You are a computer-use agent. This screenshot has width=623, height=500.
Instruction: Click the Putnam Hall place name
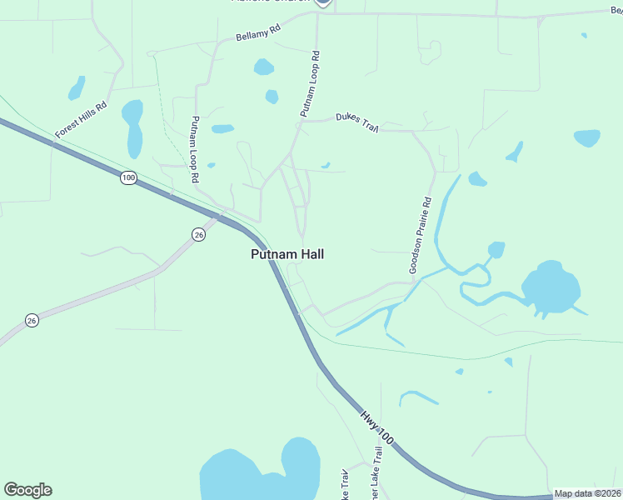pyautogui.click(x=287, y=255)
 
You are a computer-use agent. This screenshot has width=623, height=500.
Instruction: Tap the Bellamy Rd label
pyautogui.click(x=258, y=33)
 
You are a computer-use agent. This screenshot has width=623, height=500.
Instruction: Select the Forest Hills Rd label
pyautogui.click(x=81, y=120)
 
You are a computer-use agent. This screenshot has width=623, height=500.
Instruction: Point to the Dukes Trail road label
pyautogui.click(x=357, y=122)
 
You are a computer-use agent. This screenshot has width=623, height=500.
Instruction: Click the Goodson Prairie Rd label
pyautogui.click(x=420, y=236)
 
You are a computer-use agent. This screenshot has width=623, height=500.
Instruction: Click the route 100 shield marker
pyautogui.click(x=127, y=177)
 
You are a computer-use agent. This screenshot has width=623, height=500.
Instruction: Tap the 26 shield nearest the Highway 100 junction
pyautogui.click(x=197, y=234)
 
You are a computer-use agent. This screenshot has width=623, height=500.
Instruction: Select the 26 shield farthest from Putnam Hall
pyautogui.click(x=31, y=321)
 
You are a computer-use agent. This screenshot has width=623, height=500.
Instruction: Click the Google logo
pyautogui.click(x=27, y=490)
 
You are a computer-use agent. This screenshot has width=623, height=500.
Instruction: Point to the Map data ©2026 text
pyautogui.click(x=587, y=493)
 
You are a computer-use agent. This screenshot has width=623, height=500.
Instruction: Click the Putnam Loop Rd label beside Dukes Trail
pyautogui.click(x=309, y=85)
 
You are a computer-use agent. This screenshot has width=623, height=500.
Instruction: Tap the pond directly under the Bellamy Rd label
pyautogui.click(x=264, y=67)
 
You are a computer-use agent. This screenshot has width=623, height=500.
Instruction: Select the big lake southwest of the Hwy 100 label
pyautogui.click(x=260, y=473)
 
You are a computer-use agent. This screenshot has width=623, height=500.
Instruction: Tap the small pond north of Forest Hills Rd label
pyautogui.click(x=77, y=87)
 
